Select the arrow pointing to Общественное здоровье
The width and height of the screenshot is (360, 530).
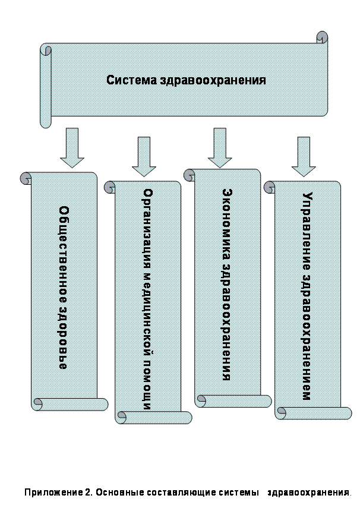(x=72, y=147)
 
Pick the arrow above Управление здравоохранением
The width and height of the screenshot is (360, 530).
(x=304, y=156)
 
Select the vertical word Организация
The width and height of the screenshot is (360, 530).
(x=149, y=223)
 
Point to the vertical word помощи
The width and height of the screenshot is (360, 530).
(x=149, y=387)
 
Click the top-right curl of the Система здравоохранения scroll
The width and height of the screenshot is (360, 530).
(x=322, y=37)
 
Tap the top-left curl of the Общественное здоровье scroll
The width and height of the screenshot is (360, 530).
(x=26, y=178)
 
